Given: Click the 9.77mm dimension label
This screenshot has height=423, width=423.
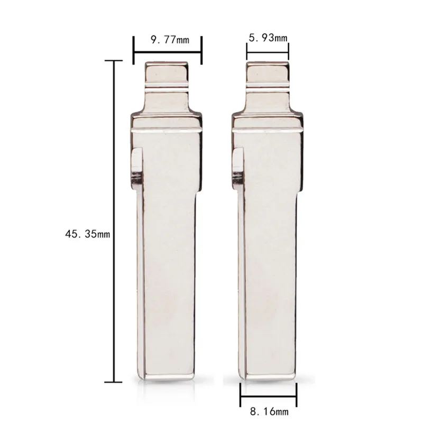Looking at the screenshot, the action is (170, 40).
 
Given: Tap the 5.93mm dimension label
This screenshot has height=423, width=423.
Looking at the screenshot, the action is (268, 38).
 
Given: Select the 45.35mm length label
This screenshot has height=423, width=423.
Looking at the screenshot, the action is (88, 234).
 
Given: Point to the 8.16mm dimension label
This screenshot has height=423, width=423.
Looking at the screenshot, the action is (269, 412).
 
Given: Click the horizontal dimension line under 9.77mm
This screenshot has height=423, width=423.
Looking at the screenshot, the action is (168, 52).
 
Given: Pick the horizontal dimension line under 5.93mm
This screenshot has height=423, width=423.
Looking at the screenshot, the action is (268, 52).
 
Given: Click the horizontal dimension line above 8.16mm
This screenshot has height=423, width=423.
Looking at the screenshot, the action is (269, 396).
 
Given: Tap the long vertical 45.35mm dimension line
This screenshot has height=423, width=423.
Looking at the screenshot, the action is (114, 221).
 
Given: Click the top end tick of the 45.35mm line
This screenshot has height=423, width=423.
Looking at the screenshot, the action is (114, 61).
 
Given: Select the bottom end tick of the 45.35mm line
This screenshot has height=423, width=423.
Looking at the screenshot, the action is (114, 382).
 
